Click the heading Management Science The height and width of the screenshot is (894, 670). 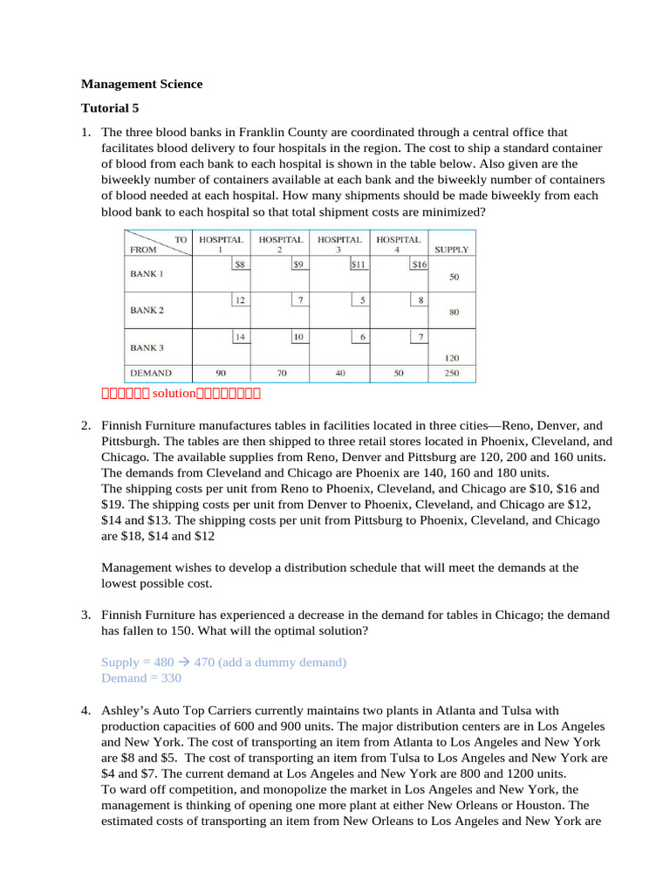pyautogui.click(x=141, y=85)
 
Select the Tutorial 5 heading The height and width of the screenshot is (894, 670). pyautogui.click(x=110, y=108)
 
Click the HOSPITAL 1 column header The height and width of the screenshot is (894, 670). pyautogui.click(x=221, y=244)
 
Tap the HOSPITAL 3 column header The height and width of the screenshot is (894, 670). pyautogui.click(x=339, y=244)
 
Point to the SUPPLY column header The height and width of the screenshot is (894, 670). pyautogui.click(x=451, y=249)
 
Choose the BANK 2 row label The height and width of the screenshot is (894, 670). pyautogui.click(x=147, y=310)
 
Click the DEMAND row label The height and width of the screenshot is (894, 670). pyautogui.click(x=151, y=372)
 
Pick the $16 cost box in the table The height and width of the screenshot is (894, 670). pyautogui.click(x=419, y=263)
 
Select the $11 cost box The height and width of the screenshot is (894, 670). pyautogui.click(x=358, y=263)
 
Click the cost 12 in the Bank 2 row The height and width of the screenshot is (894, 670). pyautogui.click(x=239, y=299)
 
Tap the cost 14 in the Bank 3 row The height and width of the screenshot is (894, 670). pyautogui.click(x=239, y=336)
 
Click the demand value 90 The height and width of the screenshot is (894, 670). pyautogui.click(x=221, y=372)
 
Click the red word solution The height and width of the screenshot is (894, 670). pyautogui.click(x=170, y=394)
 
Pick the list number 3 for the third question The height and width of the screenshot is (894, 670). pyautogui.click(x=86, y=615)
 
